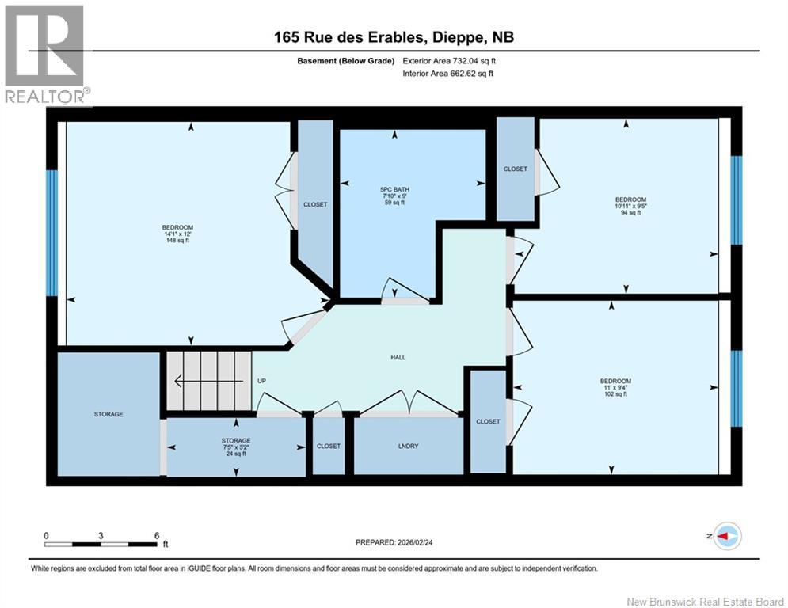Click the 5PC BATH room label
coord(394,196)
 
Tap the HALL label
coord(398,357)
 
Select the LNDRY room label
coord(408,446)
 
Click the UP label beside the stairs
coord(261,381)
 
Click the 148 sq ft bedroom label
coord(177,234)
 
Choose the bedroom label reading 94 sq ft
coord(630,206)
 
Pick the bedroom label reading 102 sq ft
coord(615,387)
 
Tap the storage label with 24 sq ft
coord(236,447)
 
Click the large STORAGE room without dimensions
coord(108,414)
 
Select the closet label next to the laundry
coord(329,446)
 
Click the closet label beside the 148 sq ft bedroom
coord(315,204)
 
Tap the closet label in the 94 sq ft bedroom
coord(515,169)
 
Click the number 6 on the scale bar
coord(157,536)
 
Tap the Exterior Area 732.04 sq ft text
coord(449,61)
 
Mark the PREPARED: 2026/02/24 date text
coord(394,542)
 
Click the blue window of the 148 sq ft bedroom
coord(51,234)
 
